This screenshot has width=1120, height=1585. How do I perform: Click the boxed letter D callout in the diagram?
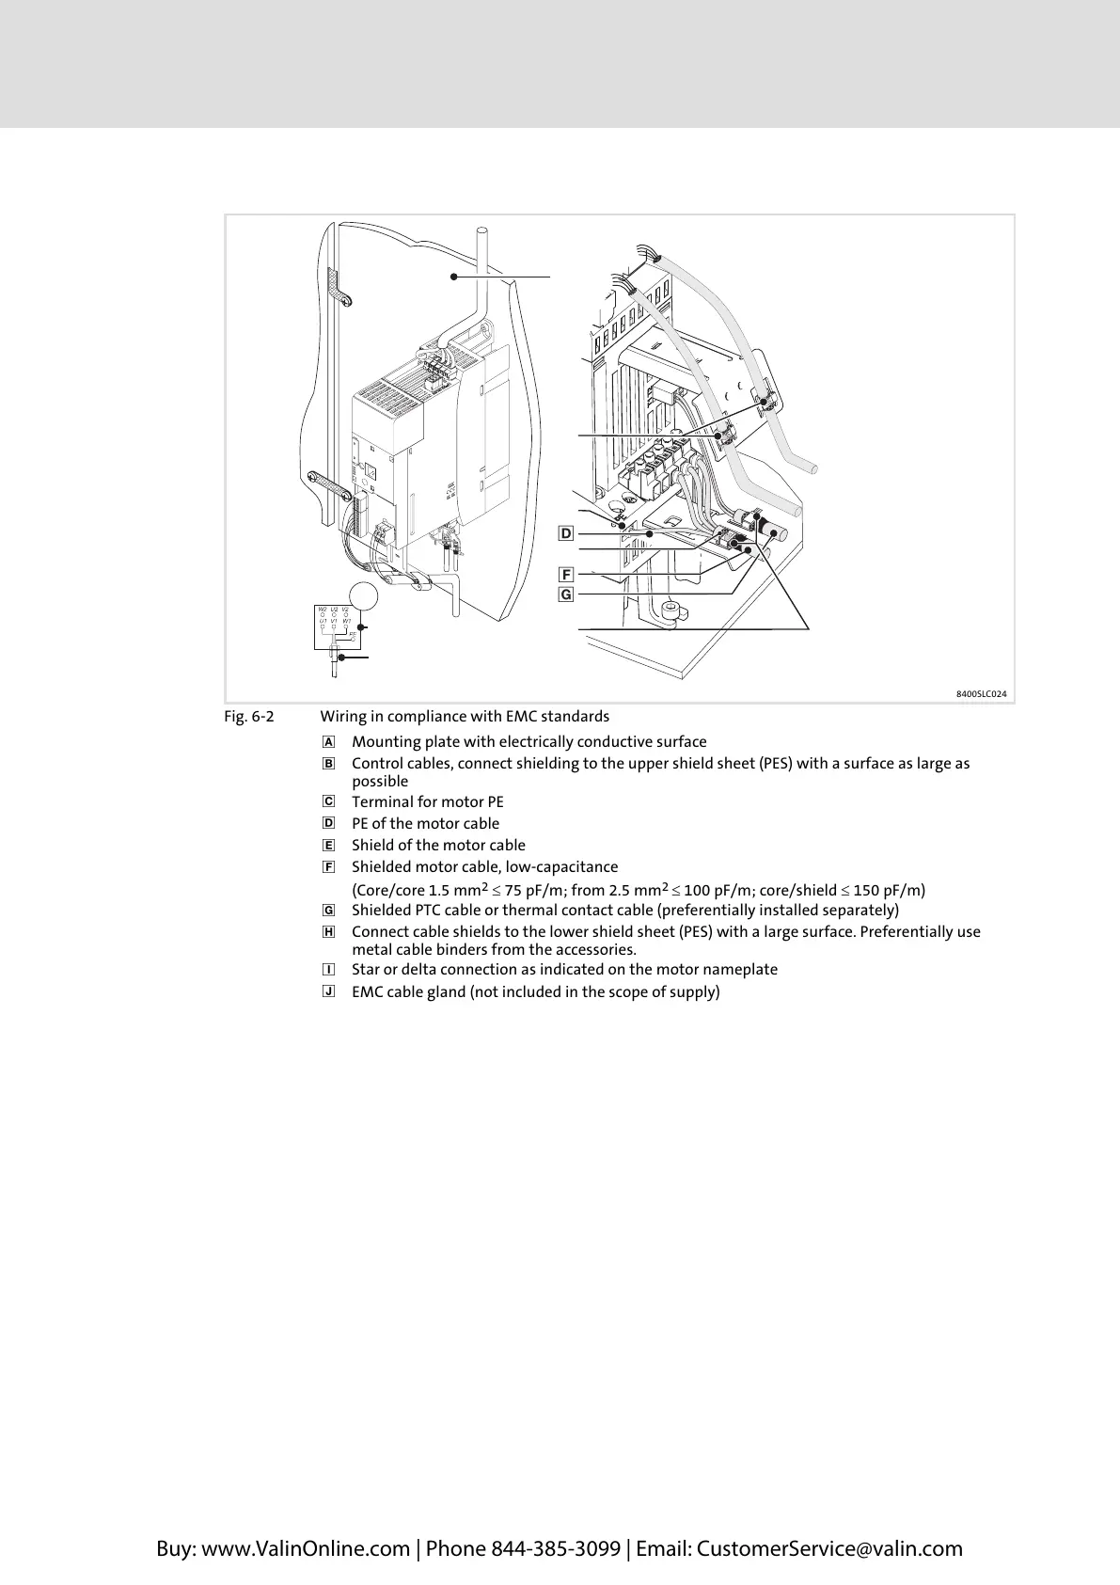click(565, 534)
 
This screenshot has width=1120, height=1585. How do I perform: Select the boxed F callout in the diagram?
click(565, 574)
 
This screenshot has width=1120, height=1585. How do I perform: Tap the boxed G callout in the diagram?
click(565, 594)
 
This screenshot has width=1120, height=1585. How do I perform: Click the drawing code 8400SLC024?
click(982, 694)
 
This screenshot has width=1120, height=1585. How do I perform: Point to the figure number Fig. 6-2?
click(249, 717)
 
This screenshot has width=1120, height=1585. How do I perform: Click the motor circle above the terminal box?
click(364, 595)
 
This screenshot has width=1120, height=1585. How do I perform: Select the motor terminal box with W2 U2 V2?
click(335, 627)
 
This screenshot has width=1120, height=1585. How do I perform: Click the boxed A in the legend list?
click(328, 742)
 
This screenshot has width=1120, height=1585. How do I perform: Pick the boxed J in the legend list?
click(328, 991)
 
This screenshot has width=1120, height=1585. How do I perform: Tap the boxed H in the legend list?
click(328, 932)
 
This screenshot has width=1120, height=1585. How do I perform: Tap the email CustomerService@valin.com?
click(829, 1548)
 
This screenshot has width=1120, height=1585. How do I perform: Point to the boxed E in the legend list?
click(328, 846)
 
